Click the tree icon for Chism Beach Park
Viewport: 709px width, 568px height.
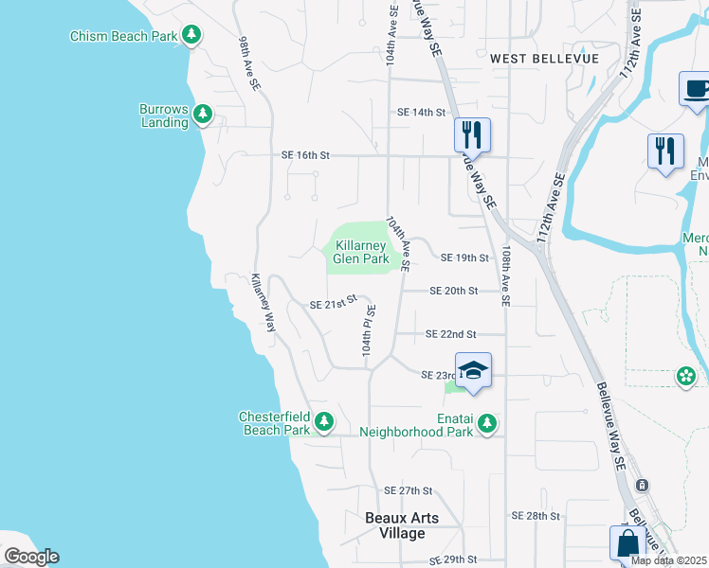(192, 35)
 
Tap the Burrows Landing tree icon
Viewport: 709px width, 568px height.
(202, 115)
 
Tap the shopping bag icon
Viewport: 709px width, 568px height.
(627, 544)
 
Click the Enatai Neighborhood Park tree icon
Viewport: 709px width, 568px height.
(487, 423)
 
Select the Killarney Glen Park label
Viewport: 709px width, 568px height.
(360, 252)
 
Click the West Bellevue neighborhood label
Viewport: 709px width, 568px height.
(545, 58)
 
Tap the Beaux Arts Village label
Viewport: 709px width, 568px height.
(409, 525)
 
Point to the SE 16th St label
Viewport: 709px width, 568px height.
(304, 154)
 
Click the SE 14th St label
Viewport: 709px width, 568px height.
(421, 112)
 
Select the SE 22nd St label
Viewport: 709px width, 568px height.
(450, 334)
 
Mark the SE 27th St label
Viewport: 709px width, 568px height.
(408, 490)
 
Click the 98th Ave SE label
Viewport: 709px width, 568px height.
(249, 64)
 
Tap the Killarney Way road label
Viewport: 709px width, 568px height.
(262, 302)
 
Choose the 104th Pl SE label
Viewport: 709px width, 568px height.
(368, 330)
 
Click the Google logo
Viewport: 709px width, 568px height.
(31, 557)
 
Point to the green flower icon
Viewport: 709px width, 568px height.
(685, 377)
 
